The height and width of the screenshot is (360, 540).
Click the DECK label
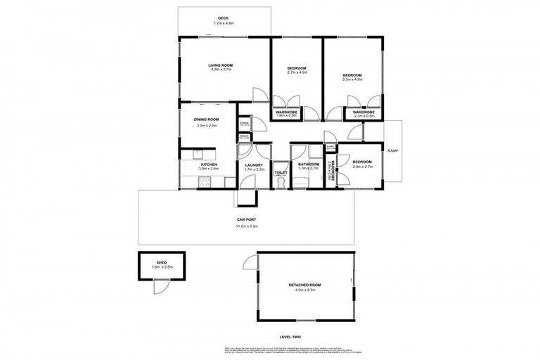(224, 18)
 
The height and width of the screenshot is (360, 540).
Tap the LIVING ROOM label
(220, 65)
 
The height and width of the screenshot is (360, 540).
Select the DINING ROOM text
(207, 120)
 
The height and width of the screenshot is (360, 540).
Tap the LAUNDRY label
(254, 165)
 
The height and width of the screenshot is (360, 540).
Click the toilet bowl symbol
(281, 183)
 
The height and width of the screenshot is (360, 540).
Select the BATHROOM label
(309, 165)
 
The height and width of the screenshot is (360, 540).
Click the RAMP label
(392, 150)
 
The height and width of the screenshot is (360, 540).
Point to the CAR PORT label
(245, 219)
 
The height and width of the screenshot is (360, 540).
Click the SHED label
(162, 262)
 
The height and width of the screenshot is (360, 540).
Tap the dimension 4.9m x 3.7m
(220, 70)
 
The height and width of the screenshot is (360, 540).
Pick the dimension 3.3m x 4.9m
(352, 79)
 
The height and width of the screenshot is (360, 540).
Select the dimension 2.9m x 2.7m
(362, 166)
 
